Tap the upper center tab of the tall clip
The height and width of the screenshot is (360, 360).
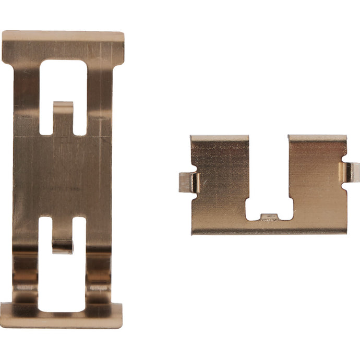tap(63, 112)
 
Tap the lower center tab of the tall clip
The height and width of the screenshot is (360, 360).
tap(63, 245)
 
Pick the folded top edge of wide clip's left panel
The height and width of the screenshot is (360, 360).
tap(219, 139)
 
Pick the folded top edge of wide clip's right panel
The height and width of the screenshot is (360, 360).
tap(317, 138)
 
